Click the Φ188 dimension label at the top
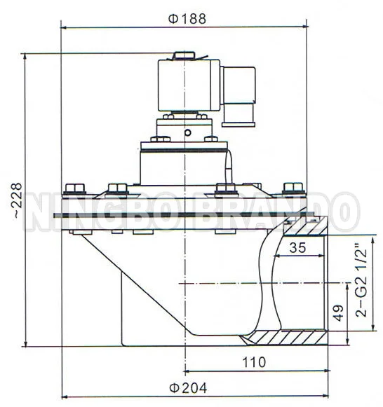[187, 19]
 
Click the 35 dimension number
[298, 247]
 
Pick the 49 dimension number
[338, 314]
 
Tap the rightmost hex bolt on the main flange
[290, 187]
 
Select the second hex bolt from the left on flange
[117, 187]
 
